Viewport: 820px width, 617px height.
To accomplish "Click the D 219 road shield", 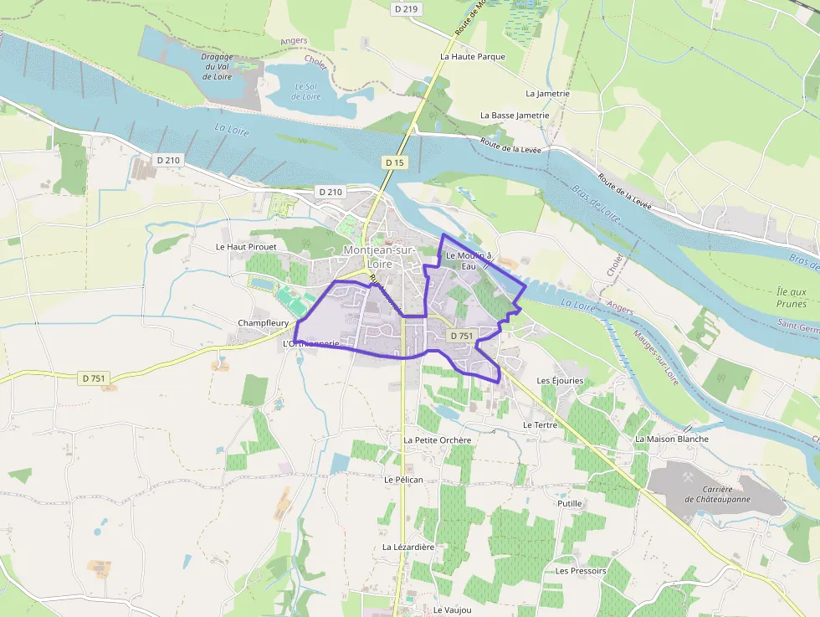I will click(x=406, y=8).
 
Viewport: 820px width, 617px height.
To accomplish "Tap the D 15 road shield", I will click(x=395, y=162).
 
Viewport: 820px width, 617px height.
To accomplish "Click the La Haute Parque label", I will click(x=473, y=57).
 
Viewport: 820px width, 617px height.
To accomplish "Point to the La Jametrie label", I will click(x=547, y=94).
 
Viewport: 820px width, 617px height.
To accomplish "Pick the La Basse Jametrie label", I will click(x=515, y=116).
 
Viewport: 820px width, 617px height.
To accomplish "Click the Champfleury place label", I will click(x=263, y=323).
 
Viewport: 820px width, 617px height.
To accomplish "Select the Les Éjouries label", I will click(x=560, y=381).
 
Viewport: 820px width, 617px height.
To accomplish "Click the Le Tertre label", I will click(x=539, y=425).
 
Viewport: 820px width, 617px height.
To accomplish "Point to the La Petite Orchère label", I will click(x=437, y=440).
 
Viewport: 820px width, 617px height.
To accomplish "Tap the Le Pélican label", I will click(x=403, y=480).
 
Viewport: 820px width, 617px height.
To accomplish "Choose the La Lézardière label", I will click(x=408, y=547).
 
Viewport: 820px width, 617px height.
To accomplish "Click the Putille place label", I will click(x=569, y=504).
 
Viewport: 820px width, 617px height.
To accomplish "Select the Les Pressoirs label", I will click(x=581, y=571).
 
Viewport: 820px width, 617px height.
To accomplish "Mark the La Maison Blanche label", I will click(x=672, y=439).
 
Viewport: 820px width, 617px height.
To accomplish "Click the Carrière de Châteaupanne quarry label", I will click(x=718, y=494).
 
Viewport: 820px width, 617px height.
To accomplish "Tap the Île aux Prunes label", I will click(x=792, y=297).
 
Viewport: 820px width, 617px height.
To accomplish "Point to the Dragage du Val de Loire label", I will click(x=218, y=66).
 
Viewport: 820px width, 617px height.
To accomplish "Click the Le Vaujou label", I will click(x=452, y=610).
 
